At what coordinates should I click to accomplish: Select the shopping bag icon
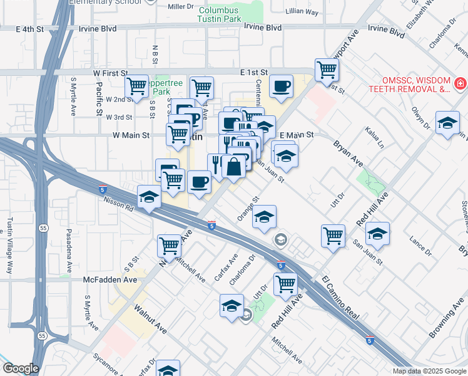tap(233, 167)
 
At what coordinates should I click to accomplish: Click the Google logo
tap(20, 368)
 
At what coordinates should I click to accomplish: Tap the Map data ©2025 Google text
tap(429, 371)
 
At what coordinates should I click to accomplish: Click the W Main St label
tap(131, 135)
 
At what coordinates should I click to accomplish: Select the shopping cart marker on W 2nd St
tap(136, 86)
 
